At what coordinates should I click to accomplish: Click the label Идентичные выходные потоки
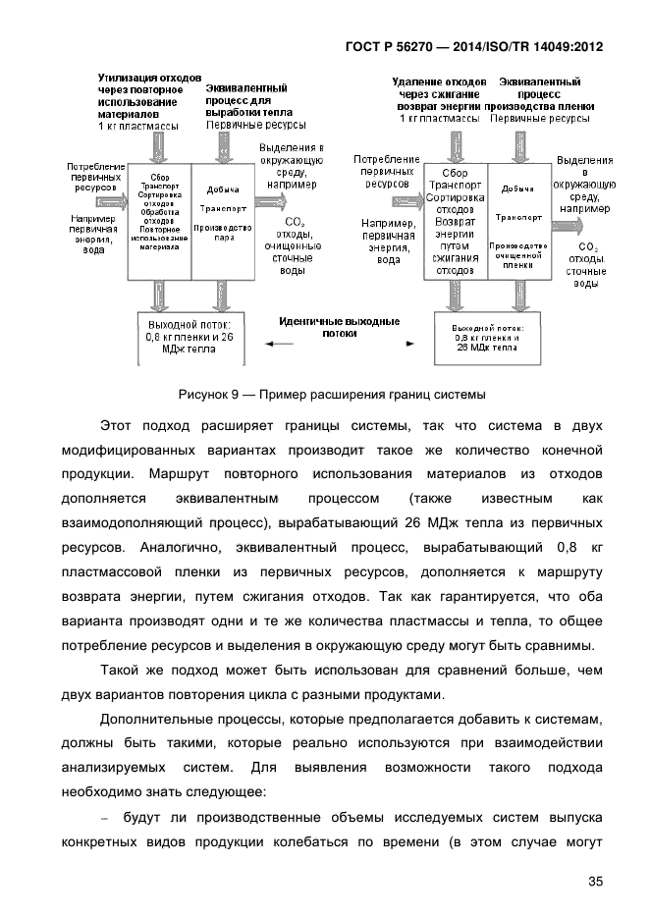(339, 327)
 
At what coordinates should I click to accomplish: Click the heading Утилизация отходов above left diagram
(150, 95)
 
